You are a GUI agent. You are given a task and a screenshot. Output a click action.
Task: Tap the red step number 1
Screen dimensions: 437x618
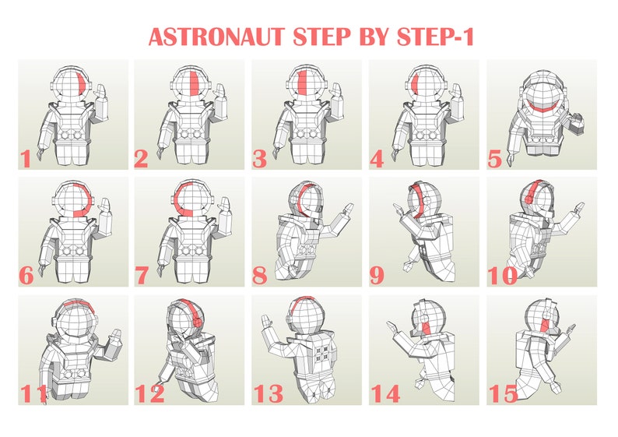coord(26,159)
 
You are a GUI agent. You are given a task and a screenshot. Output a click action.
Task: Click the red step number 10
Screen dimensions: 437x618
coord(502,275)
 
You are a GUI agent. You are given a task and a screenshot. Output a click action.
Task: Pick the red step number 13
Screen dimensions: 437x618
coord(268,393)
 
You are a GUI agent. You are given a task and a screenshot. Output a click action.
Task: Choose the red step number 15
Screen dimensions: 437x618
coord(502,393)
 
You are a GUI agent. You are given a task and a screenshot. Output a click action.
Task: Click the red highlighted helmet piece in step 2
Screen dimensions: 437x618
coord(191,84)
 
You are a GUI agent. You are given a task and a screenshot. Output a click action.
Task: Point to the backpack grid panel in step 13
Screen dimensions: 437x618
coord(318,350)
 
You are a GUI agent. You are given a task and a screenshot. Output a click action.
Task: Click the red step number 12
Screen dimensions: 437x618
coord(149,393)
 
